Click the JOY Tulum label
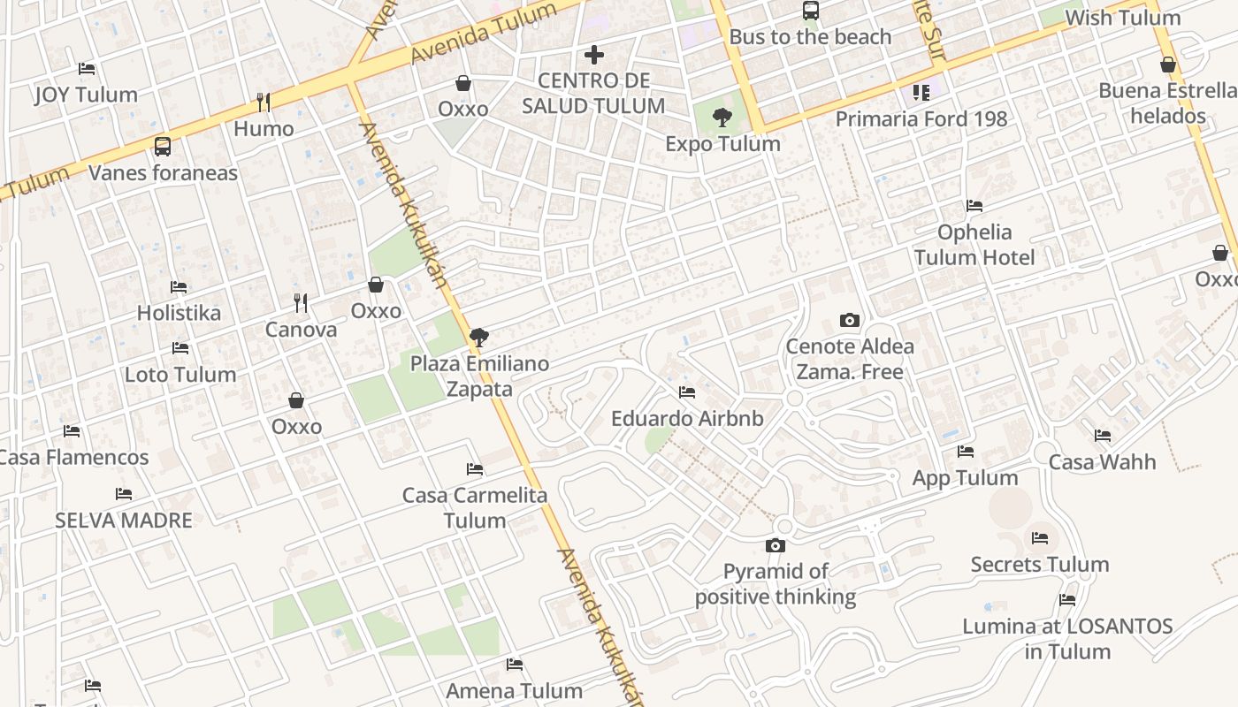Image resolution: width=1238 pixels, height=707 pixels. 86,95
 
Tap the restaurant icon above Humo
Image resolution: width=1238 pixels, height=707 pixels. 263,103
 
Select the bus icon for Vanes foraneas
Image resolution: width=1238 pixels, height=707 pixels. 163,146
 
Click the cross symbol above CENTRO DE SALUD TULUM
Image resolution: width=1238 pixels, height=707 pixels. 594,55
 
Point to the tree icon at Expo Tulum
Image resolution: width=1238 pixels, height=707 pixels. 722,117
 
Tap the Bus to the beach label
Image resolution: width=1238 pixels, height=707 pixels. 810,37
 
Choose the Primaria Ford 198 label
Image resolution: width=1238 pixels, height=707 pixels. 921,118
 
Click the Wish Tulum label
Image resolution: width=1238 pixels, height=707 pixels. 1122,18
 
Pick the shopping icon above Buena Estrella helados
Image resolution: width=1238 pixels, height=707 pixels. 1168,65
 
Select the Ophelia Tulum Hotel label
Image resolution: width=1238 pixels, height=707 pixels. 974,245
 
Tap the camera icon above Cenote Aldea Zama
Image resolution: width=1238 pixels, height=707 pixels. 849,320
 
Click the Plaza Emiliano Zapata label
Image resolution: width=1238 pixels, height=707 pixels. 479,376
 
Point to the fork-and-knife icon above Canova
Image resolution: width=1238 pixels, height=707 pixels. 301,303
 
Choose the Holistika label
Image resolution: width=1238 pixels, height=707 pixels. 179,313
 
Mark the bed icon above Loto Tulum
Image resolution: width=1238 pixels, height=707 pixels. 180,348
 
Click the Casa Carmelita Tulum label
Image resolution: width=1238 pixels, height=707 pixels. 475,507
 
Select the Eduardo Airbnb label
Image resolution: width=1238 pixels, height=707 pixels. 687,418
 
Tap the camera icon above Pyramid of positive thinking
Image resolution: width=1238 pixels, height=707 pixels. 776,545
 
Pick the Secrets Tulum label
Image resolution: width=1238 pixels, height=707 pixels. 1039,564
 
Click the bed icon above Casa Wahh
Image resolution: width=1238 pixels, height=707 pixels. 1103,436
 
